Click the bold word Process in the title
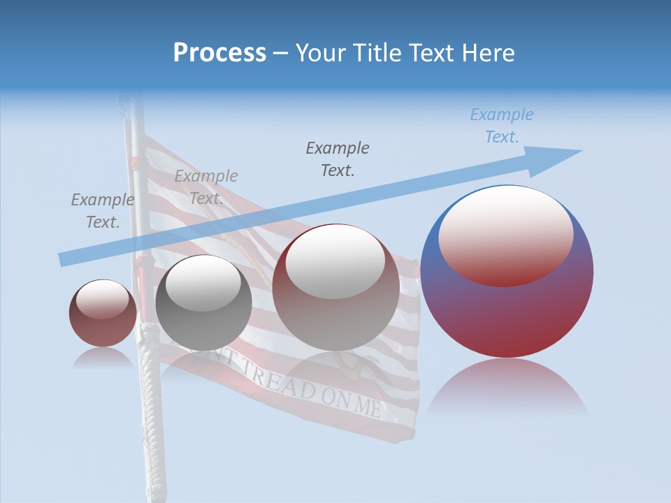pos(219,53)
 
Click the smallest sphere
pos(103,313)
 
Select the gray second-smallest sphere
pos(203,302)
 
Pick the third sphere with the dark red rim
pos(335,287)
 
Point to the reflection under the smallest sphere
pos(103,358)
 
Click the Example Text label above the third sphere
pos(338,159)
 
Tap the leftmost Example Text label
pos(103,210)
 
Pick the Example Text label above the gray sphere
pos(206,187)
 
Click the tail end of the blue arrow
pos(64,259)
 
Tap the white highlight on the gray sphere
pos(203,284)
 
